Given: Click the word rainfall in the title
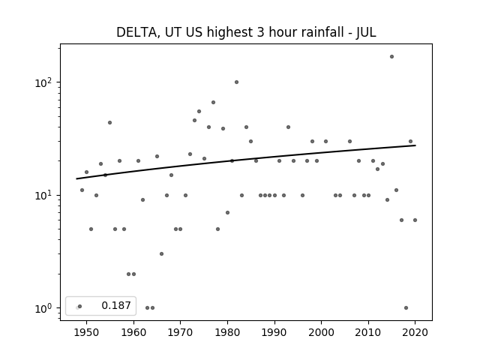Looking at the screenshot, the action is click(x=325, y=32).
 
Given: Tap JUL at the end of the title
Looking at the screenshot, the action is click(x=366, y=32).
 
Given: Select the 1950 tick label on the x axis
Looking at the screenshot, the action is click(x=86, y=332).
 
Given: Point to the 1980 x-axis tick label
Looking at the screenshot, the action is click(x=227, y=332).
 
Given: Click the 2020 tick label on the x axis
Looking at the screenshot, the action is click(x=415, y=332).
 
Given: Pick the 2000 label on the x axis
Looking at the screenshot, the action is click(x=322, y=332).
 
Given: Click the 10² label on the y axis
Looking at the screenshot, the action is click(x=45, y=82).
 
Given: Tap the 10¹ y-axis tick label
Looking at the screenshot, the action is click(x=45, y=196).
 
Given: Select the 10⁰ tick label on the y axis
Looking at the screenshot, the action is click(x=45, y=308).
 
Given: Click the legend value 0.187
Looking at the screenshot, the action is click(x=116, y=305).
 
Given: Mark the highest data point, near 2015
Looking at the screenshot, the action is click(x=391, y=57).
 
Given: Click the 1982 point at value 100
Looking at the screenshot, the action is click(x=237, y=82).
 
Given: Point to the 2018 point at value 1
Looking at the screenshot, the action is click(x=406, y=308).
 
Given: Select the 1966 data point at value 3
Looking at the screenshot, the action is click(x=162, y=253).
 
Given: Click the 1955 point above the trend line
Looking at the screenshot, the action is click(x=110, y=123).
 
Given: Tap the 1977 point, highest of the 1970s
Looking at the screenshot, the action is click(x=213, y=103).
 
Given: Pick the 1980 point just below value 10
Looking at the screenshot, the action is click(x=227, y=213).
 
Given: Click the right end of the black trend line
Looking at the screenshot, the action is click(x=415, y=145).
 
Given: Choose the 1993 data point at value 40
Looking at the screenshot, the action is click(x=288, y=127).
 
